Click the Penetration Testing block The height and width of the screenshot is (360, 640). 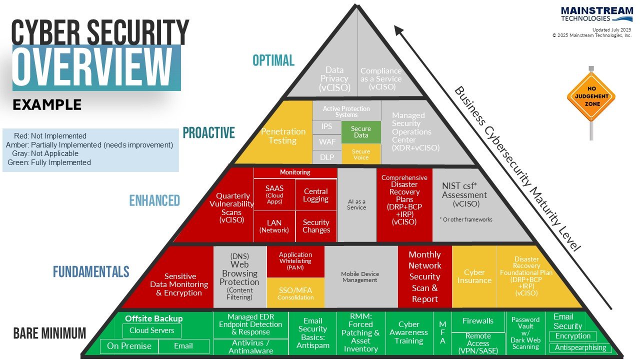(x=282, y=136)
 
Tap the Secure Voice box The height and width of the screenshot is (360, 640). (x=360, y=154)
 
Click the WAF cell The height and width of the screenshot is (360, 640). (x=327, y=142)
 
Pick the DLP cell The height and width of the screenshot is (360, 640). (x=327, y=157)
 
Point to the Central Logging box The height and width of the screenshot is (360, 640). (x=316, y=195)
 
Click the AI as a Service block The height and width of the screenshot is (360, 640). (x=356, y=204)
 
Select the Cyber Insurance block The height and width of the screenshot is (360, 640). (x=474, y=276)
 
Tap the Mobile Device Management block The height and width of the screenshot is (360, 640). (x=360, y=276)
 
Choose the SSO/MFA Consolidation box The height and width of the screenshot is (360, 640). (x=295, y=293)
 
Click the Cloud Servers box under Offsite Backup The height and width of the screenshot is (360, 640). (x=152, y=330)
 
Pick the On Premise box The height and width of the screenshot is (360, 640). (x=129, y=346)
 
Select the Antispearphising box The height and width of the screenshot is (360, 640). (x=580, y=347)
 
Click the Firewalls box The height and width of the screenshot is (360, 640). (x=477, y=321)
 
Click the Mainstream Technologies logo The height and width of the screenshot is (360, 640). (x=596, y=14)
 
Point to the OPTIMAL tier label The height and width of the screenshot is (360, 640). (x=273, y=60)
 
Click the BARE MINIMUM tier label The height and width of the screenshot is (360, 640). (x=49, y=333)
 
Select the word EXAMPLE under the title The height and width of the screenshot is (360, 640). (x=47, y=105)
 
